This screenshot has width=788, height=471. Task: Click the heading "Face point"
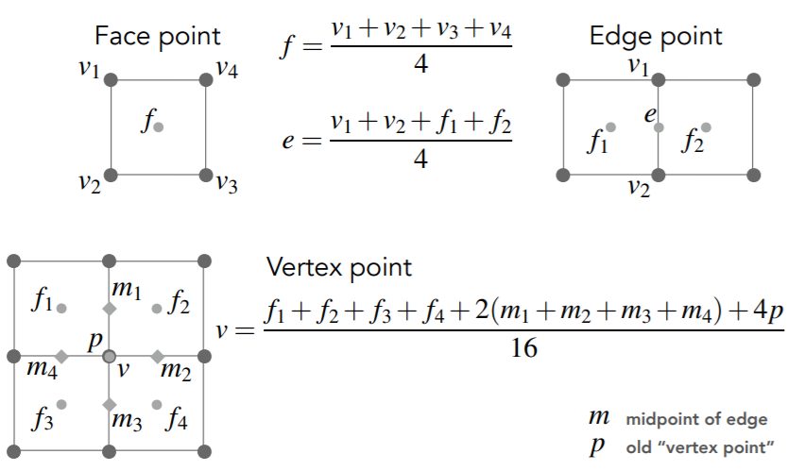click(x=157, y=37)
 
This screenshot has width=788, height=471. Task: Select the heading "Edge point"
click(x=656, y=37)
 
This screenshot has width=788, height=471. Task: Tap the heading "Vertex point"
click(x=338, y=267)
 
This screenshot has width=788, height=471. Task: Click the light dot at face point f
click(x=159, y=127)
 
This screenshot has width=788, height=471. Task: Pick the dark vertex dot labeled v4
click(x=206, y=80)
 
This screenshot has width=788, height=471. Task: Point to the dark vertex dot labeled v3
click(x=206, y=175)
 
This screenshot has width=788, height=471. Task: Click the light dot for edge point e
click(x=659, y=127)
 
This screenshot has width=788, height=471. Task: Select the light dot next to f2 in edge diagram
click(x=706, y=127)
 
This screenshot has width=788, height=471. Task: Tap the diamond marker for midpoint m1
click(x=109, y=309)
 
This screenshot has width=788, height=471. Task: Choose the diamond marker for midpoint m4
click(x=61, y=357)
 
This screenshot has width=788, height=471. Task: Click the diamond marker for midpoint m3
click(x=109, y=404)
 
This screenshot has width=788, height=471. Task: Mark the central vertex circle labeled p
click(x=109, y=357)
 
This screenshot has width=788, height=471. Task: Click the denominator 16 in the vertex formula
click(x=523, y=348)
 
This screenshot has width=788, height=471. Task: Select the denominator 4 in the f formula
click(x=421, y=64)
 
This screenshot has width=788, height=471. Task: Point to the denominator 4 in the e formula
click(x=421, y=159)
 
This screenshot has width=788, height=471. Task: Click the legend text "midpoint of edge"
click(x=696, y=419)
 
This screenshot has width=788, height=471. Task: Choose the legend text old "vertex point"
click(x=699, y=446)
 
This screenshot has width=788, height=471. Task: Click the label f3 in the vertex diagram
click(x=43, y=418)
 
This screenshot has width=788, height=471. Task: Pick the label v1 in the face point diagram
click(x=89, y=69)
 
